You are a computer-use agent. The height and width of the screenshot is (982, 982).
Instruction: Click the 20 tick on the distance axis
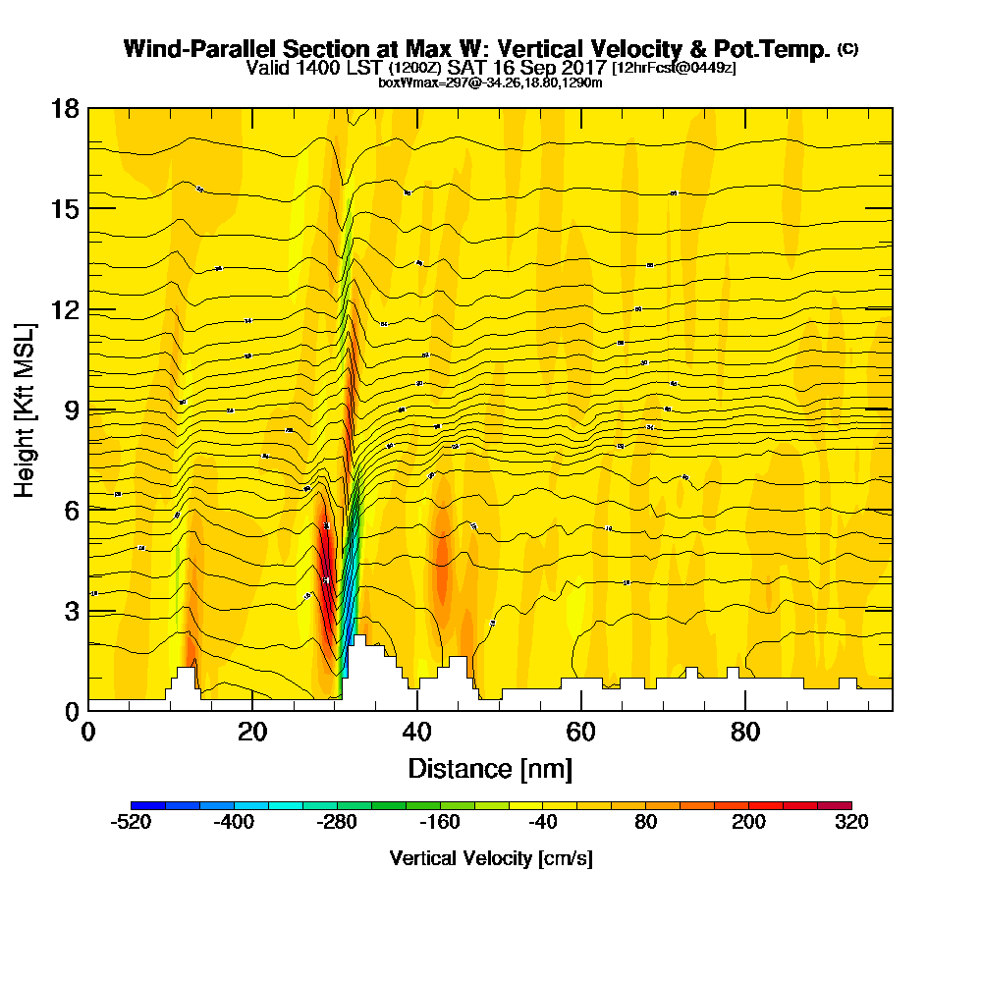pos(252,732)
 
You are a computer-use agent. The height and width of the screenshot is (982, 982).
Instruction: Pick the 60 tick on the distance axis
pos(581,732)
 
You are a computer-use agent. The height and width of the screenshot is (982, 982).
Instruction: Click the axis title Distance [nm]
pos(490,767)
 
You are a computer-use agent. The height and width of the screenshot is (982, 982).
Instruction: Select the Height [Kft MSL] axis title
pos(26,409)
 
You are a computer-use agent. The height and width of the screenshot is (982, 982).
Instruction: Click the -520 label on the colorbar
pos(132,823)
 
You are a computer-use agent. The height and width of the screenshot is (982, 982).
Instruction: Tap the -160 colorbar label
pos(440,823)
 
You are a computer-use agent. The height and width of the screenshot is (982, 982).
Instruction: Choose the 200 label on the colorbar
pos(748,823)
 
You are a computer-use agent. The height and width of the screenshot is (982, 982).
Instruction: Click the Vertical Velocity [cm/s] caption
pos(490,858)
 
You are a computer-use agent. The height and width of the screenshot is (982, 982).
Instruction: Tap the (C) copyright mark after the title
pos(847,49)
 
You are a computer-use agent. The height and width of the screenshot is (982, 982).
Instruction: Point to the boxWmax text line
pos(490,82)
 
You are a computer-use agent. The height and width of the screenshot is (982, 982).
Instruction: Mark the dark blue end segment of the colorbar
pos(148,806)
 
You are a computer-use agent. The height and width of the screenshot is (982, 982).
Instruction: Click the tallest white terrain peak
pos(359,640)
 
